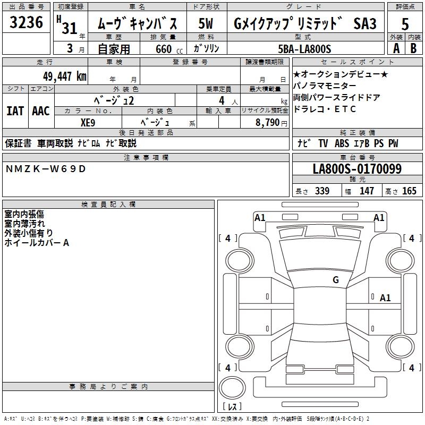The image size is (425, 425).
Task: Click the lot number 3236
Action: (x=27, y=24)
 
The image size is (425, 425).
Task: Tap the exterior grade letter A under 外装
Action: (x=396, y=48)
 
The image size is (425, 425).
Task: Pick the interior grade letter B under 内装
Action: (x=413, y=48)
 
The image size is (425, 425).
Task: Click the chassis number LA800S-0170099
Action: (x=357, y=169)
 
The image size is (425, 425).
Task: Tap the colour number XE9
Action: (x=88, y=122)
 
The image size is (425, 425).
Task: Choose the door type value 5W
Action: (x=206, y=24)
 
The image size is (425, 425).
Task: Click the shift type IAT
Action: (x=15, y=110)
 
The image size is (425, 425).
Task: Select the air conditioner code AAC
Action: (x=41, y=110)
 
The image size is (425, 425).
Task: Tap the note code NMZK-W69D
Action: (x=45, y=169)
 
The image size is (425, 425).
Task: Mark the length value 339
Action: (x=321, y=191)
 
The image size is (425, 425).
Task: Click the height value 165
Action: (x=409, y=191)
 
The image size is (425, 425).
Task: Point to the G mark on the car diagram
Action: (x=336, y=280)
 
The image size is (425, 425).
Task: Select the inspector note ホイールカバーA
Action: (x=37, y=243)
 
